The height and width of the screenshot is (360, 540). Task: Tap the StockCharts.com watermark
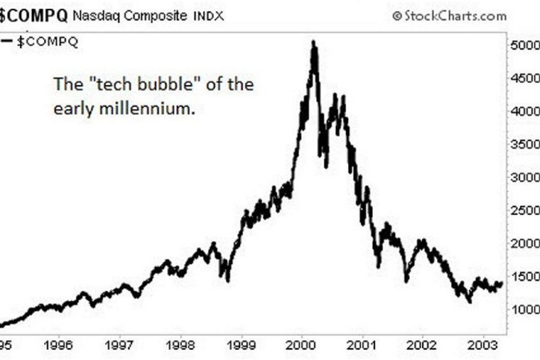[449, 16]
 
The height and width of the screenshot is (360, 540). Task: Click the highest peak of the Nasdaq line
[314, 42]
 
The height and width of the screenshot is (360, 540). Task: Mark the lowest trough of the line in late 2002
[469, 301]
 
